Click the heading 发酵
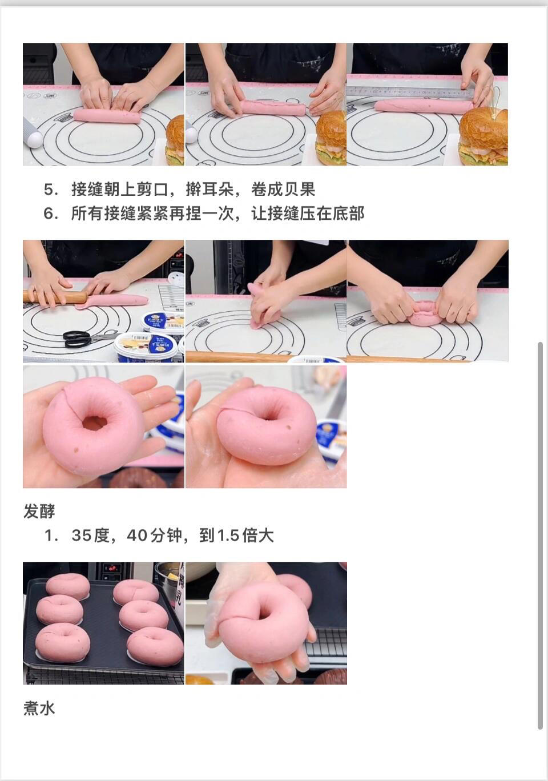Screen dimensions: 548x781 tap(39, 511)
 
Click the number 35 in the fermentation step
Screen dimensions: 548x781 tap(82, 535)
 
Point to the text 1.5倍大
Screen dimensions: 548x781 tap(245, 535)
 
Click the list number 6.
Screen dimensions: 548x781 tap(51, 214)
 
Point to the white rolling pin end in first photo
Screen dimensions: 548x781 tap(33, 136)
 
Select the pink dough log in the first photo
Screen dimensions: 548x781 tap(107, 115)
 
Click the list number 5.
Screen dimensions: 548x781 tap(51, 190)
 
